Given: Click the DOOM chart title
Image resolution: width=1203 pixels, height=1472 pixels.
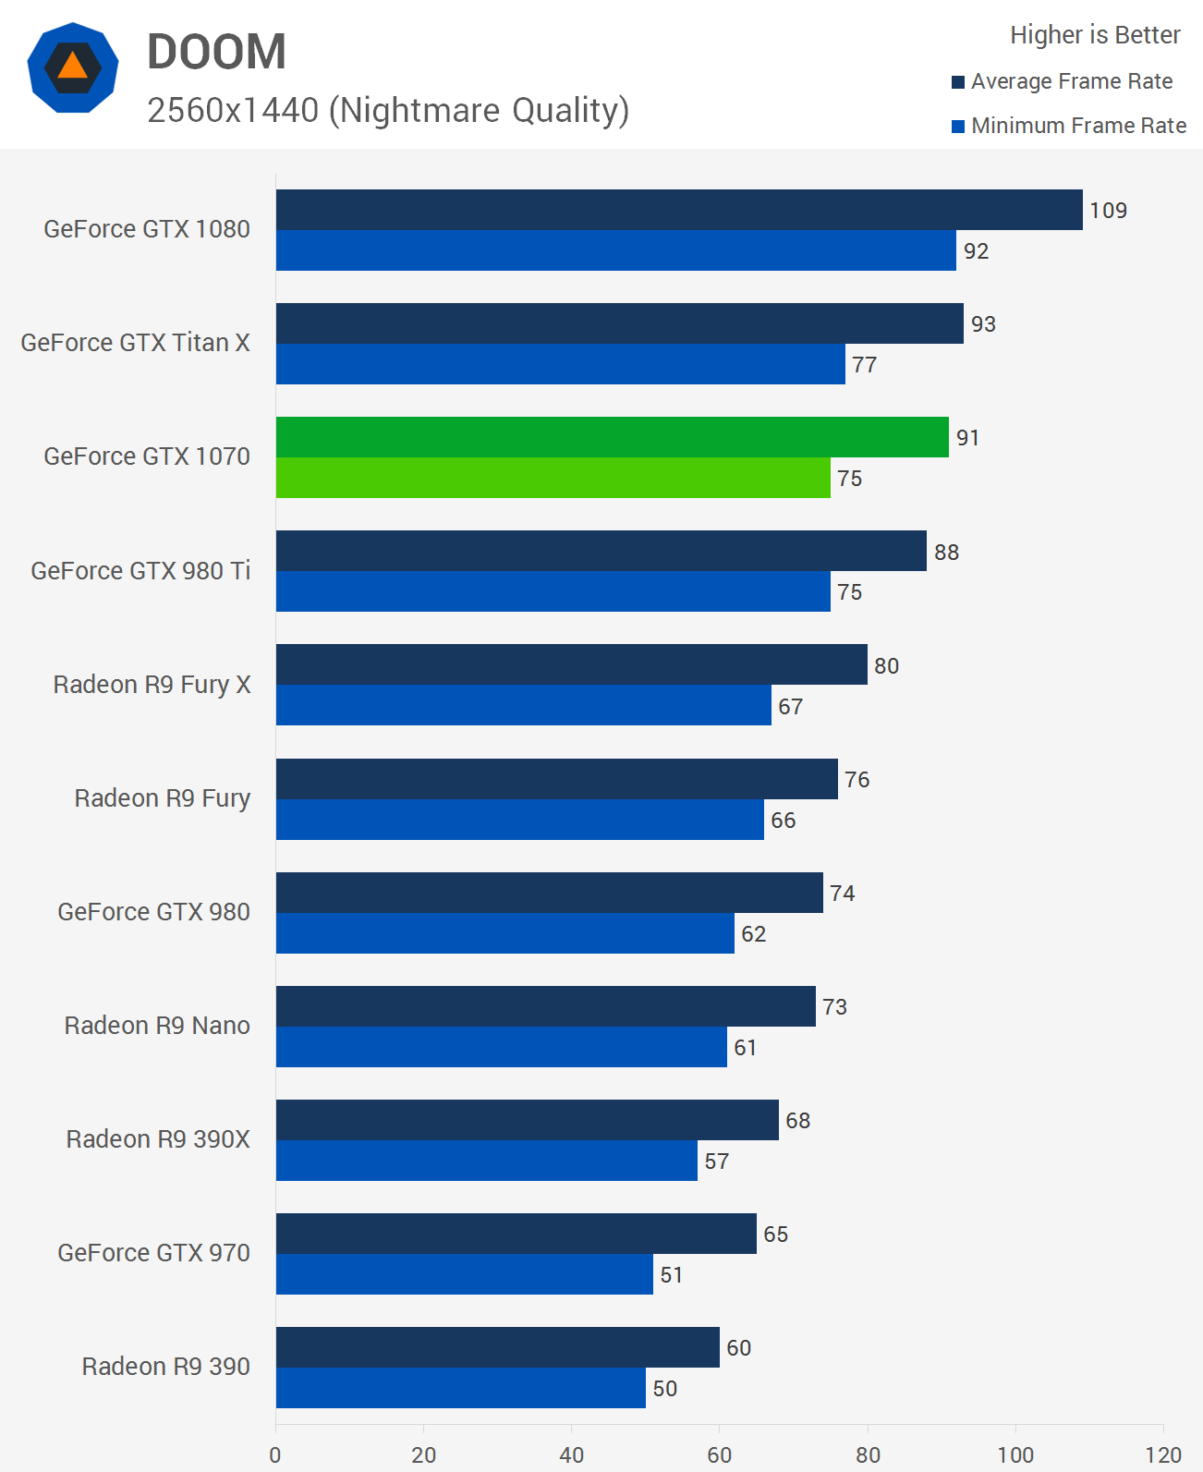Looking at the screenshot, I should click(x=216, y=52).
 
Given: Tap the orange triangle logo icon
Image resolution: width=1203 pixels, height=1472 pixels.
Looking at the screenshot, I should click(x=72, y=67).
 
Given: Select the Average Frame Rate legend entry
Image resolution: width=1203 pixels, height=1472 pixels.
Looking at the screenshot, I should click(x=1071, y=81).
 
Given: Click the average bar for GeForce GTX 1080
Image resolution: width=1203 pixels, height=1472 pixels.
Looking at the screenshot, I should click(x=679, y=210).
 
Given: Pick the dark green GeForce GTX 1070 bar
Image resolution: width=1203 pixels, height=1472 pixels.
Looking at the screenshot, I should click(x=612, y=437).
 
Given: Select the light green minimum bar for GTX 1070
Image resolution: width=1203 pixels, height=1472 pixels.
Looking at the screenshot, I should click(x=553, y=478).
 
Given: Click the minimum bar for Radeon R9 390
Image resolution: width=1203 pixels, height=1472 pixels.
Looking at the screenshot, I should click(x=460, y=1388).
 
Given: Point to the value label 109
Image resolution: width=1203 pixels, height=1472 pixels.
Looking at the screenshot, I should click(x=1108, y=211).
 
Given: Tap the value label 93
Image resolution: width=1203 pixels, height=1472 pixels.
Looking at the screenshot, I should click(x=983, y=324).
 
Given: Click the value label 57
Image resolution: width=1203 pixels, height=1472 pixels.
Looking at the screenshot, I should click(x=716, y=1162).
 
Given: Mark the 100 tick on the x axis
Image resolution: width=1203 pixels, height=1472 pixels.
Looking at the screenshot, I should click(x=1015, y=1455).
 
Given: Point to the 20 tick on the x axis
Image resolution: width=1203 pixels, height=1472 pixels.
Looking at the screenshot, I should click(x=423, y=1455).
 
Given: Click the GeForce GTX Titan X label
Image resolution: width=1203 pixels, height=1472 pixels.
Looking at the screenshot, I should click(x=135, y=343).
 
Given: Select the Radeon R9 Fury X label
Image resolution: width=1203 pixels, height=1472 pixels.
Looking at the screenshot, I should click(x=152, y=685).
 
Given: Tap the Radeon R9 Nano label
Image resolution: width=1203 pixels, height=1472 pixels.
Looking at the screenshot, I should click(x=157, y=1026).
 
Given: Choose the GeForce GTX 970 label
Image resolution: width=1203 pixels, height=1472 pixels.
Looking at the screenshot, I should click(x=153, y=1253).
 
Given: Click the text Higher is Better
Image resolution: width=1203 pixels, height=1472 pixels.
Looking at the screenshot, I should click(x=1095, y=35).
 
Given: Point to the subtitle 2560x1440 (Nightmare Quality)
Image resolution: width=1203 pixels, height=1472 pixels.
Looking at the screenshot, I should click(x=388, y=110).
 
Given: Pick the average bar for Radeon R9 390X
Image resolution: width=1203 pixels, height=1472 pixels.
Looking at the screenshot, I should click(x=527, y=1120).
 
